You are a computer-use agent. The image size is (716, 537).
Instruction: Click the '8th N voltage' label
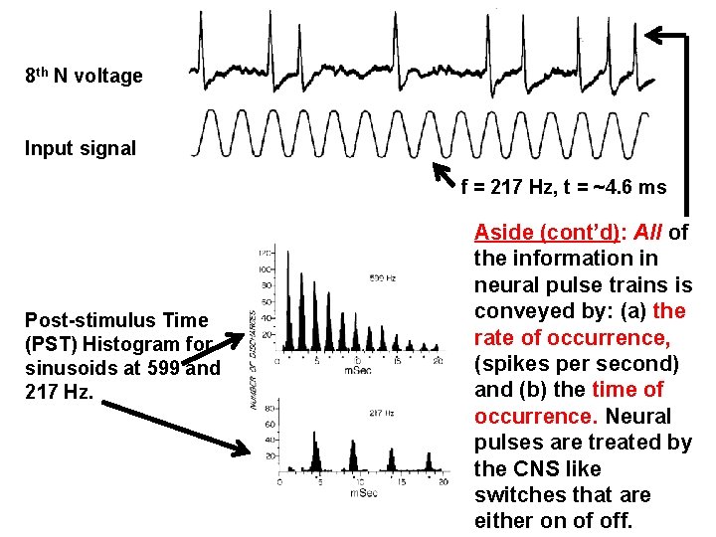[86, 76]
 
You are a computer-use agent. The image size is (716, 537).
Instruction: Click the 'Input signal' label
[81, 149]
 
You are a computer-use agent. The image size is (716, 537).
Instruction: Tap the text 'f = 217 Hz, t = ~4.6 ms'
[564, 186]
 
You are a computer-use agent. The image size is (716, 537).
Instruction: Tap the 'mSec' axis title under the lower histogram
[362, 492]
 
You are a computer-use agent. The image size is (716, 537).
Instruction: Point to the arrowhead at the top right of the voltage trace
[655, 37]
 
